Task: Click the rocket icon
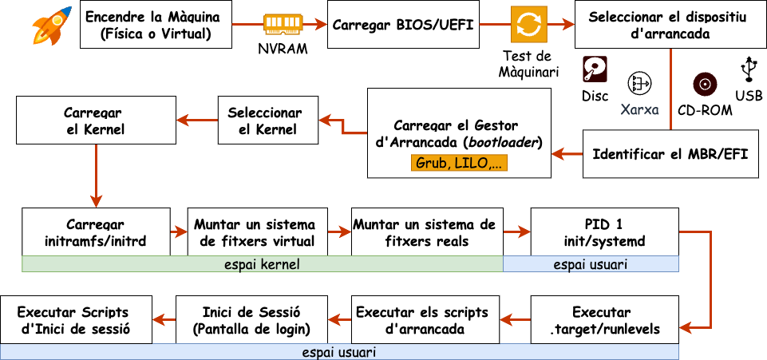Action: (50, 26)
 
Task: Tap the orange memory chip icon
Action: (282, 24)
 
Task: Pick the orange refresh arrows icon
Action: (528, 26)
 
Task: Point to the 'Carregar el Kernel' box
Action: (96, 121)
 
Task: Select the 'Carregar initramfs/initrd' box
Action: (96, 232)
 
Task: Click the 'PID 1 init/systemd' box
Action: (605, 232)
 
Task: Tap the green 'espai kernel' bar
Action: (262, 264)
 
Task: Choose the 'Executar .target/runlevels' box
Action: (605, 319)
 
